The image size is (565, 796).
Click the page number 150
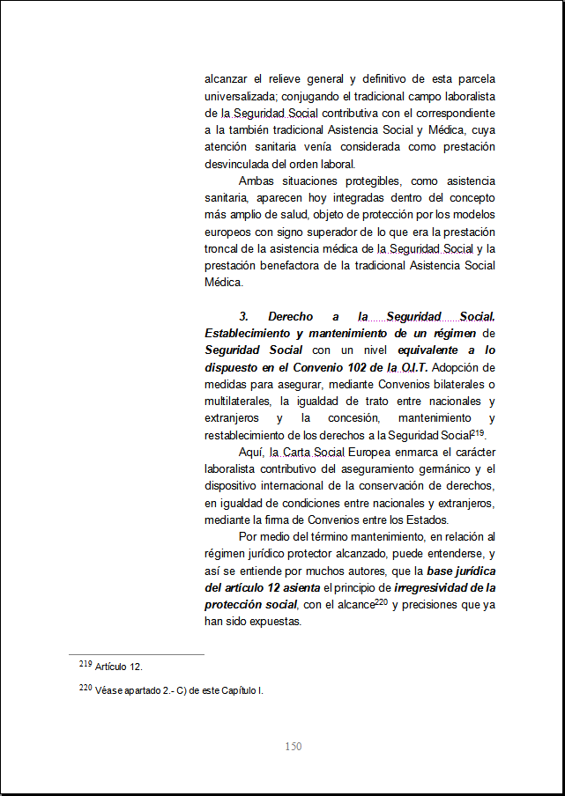pos(294,747)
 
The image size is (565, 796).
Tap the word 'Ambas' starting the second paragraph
pos(255,181)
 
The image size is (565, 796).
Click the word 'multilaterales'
pos(238,401)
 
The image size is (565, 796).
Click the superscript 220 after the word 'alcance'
pos(382,602)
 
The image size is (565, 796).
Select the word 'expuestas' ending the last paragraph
pos(278,621)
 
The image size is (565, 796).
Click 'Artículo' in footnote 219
pos(111,667)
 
